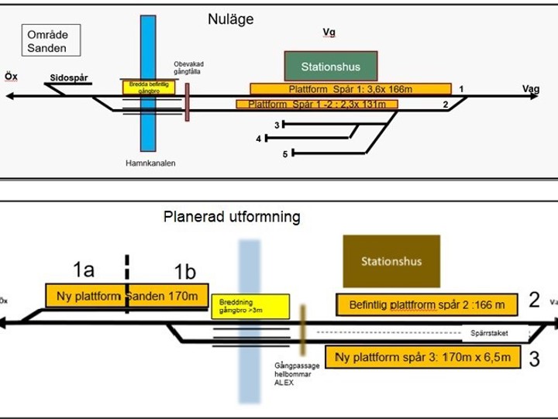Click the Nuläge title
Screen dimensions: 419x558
pyautogui.click(x=234, y=18)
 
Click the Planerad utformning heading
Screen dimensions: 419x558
pyautogui.click(x=231, y=218)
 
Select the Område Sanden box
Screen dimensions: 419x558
pyautogui.click(x=47, y=42)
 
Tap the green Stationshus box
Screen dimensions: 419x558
pyautogui.click(x=332, y=67)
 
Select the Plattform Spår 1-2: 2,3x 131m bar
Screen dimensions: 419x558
pyautogui.click(x=317, y=104)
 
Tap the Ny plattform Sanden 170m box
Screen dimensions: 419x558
pyautogui.click(x=127, y=296)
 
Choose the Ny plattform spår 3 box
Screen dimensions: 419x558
pyautogui.click(x=422, y=357)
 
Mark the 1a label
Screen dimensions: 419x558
pyautogui.click(x=84, y=270)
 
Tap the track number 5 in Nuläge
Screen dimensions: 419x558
pyautogui.click(x=285, y=154)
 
